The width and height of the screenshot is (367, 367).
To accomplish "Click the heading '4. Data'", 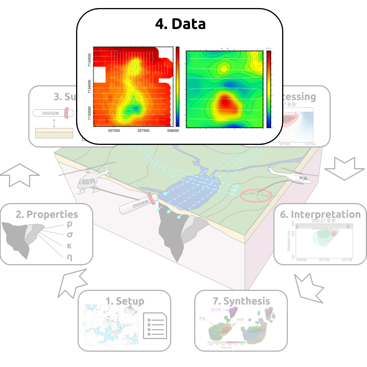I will coord(180,24).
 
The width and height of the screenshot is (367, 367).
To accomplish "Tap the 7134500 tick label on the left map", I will coord(89,60).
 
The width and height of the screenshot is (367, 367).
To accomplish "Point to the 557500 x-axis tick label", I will coord(143,131).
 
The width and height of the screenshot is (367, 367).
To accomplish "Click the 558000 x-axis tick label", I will coord(173,131).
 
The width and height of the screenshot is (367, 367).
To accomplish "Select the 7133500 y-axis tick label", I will coord(89,114).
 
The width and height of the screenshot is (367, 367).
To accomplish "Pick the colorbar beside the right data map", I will coord(269,89).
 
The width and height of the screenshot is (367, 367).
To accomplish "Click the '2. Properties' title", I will coord(47,214).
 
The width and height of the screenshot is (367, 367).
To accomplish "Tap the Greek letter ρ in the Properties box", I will coord(69,224).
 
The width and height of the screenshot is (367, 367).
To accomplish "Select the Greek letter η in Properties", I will coord(69,257).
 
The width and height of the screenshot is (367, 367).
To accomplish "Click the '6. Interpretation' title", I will coord(320,214).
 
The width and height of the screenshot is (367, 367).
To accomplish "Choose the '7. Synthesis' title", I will coord(241,301).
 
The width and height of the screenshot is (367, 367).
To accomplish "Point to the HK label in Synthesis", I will coord(240,320).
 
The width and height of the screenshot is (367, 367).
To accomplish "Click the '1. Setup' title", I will coord(125,301).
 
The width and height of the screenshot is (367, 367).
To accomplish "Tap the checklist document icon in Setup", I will coord(155,325).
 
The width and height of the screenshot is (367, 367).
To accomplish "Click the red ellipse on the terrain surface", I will coord(256,195).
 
